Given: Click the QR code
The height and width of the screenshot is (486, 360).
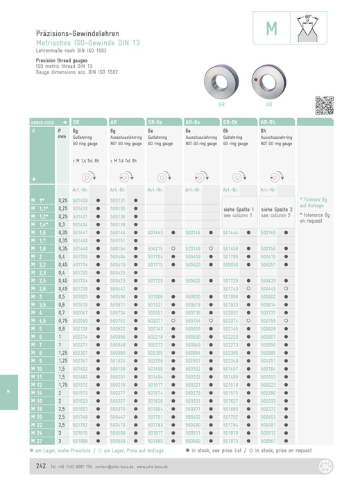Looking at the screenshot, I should point(324,106).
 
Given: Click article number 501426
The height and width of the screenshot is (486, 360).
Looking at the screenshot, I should point(80,200).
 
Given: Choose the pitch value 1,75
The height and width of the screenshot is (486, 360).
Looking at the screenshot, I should point(62,385).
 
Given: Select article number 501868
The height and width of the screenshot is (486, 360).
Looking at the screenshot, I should point(80,441).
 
